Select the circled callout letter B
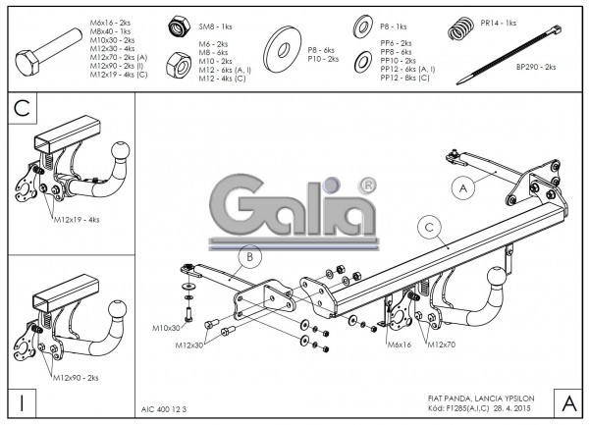(x=249, y=258)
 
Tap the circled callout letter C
(x=428, y=226)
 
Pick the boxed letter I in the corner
(x=21, y=401)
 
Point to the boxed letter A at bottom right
(x=567, y=400)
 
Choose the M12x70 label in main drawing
(x=442, y=345)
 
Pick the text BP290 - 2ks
(x=535, y=67)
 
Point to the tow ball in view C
(x=121, y=152)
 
